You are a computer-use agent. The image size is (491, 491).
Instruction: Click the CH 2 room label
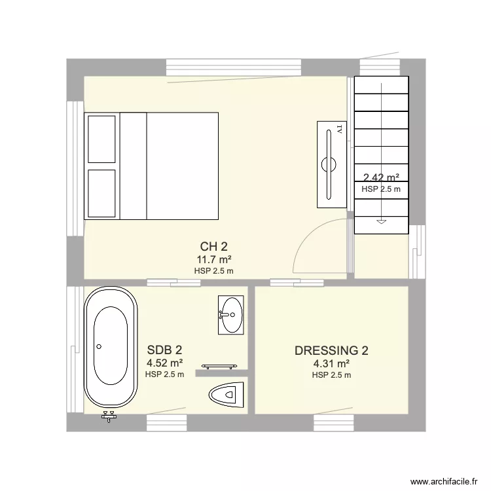[x=214, y=247]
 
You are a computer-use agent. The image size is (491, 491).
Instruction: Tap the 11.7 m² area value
[x=214, y=260]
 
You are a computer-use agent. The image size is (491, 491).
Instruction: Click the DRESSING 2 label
[x=331, y=351]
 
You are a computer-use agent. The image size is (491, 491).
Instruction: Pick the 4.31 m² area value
[x=331, y=364]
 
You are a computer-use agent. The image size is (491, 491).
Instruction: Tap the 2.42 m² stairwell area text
[x=381, y=177]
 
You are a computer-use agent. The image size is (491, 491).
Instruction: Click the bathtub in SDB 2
[x=111, y=348]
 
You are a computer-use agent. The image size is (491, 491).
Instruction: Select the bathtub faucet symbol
[x=109, y=416]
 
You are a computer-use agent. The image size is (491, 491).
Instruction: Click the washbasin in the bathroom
[x=230, y=314]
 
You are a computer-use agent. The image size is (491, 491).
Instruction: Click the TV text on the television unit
[x=339, y=129]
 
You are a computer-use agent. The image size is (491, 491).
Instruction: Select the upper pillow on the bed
[x=101, y=139]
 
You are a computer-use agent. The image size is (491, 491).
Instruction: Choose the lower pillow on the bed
[x=101, y=193]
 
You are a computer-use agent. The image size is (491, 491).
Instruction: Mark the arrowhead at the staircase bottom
[x=381, y=222]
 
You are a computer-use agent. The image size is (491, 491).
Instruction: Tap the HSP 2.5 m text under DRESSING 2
[x=331, y=375]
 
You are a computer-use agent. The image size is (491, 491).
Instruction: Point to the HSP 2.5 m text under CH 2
[x=214, y=270]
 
